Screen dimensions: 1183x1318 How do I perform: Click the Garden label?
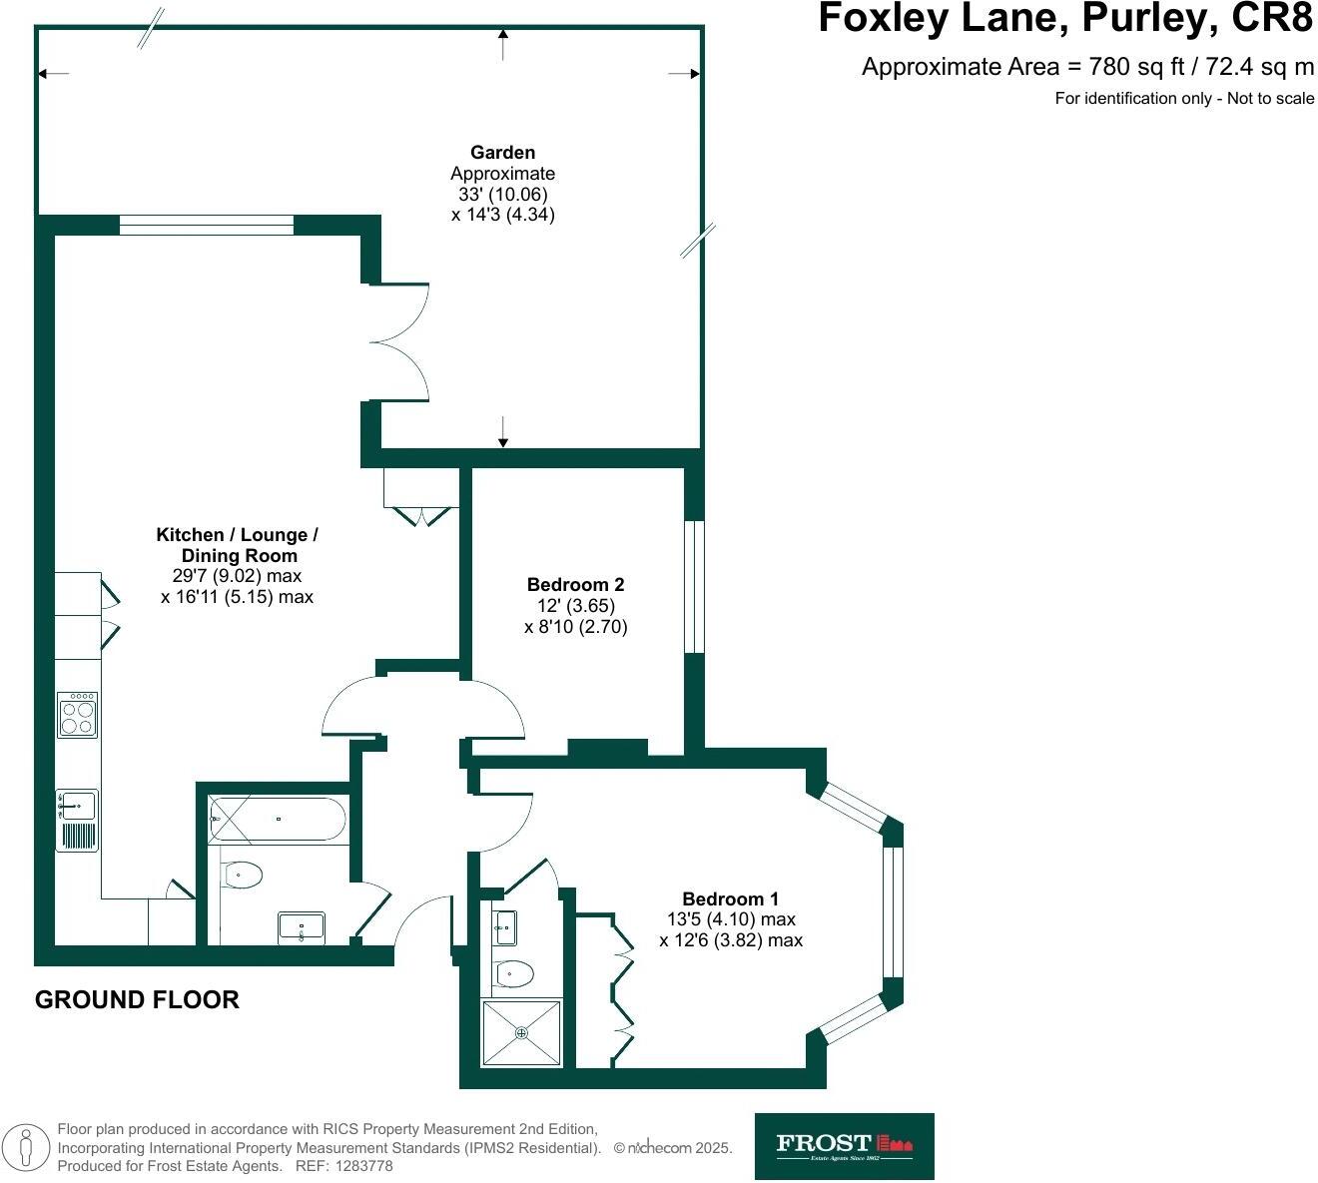502,153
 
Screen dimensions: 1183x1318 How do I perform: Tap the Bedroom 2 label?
575,584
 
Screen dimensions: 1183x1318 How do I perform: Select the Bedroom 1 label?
730,898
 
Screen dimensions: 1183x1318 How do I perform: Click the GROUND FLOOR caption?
137,999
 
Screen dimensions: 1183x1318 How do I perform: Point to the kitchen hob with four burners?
78,715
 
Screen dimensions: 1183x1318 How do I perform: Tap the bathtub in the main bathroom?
278,819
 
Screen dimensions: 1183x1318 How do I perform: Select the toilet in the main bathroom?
241,876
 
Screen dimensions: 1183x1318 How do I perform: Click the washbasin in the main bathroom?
302,927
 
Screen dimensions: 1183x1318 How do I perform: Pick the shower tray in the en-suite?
521,1032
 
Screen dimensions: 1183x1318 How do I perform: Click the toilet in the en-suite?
513,971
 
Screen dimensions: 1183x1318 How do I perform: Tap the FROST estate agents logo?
844,1146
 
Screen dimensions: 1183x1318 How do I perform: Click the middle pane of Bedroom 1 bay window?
893,911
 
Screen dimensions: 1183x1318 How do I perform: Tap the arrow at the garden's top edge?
503,43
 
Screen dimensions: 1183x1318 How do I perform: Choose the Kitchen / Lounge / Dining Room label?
237,545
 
